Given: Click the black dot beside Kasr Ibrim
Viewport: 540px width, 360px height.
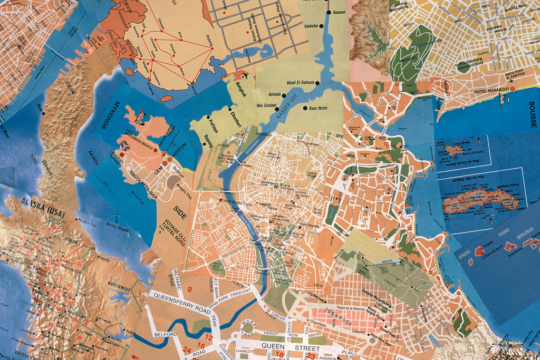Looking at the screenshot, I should pos(305,108).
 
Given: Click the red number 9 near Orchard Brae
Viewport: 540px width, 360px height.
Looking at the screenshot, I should pos(189,288).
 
